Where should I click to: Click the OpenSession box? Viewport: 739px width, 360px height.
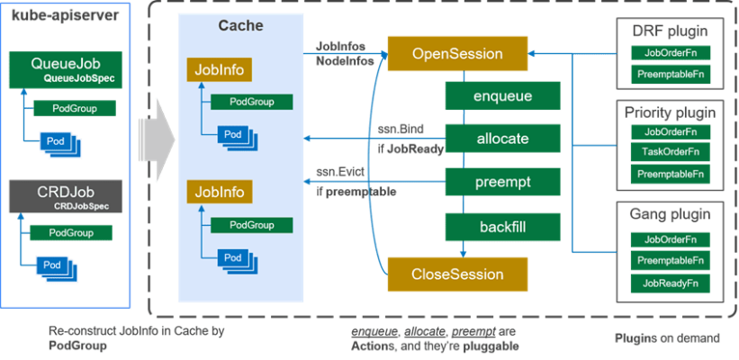click(457, 54)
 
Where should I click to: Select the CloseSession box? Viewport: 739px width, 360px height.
click(457, 274)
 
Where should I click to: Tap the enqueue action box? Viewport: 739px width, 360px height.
click(502, 95)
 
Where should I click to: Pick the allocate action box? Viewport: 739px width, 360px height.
click(502, 139)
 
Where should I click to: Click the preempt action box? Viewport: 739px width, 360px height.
click(502, 182)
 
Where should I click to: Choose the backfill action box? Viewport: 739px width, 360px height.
click(502, 227)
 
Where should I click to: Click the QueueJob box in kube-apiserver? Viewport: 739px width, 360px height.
click(65, 69)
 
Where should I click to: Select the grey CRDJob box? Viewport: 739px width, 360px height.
click(65, 196)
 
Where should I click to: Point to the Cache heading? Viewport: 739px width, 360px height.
click(241, 26)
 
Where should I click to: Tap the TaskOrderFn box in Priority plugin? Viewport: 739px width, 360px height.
click(671, 152)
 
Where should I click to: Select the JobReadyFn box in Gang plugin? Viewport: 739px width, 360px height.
click(671, 283)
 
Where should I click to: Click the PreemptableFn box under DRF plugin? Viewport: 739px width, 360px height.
click(671, 74)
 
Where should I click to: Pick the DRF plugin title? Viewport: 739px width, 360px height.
click(671, 31)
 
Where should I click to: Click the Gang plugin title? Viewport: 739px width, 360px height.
click(671, 216)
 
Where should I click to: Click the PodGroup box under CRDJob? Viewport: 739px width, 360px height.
click(70, 232)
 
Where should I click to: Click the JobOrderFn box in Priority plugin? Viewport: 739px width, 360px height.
click(671, 132)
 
